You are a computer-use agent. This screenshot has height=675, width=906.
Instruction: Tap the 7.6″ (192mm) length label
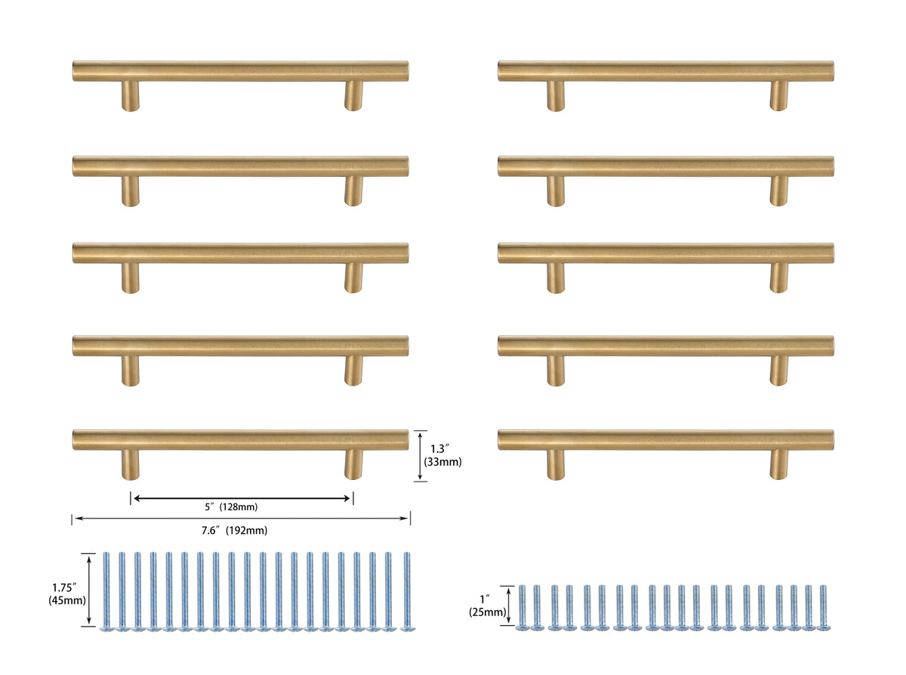[x=234, y=531]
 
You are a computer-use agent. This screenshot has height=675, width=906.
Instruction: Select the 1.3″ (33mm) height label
[x=440, y=456]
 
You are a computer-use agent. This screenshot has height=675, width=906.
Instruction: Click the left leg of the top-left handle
[x=131, y=96]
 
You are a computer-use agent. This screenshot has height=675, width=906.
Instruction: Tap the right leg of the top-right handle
[x=778, y=96]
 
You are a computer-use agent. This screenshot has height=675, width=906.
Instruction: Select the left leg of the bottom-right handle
[x=556, y=464]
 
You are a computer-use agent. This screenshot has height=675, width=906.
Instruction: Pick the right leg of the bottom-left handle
[x=353, y=464]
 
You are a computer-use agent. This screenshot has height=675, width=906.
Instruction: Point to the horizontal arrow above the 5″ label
[x=242, y=497]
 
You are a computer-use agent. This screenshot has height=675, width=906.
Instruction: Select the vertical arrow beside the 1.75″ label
[x=91, y=590]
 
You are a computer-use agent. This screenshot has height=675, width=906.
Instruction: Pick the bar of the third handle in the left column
[x=241, y=253]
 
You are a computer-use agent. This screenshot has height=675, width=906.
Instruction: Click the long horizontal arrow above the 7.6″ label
[x=241, y=519]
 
